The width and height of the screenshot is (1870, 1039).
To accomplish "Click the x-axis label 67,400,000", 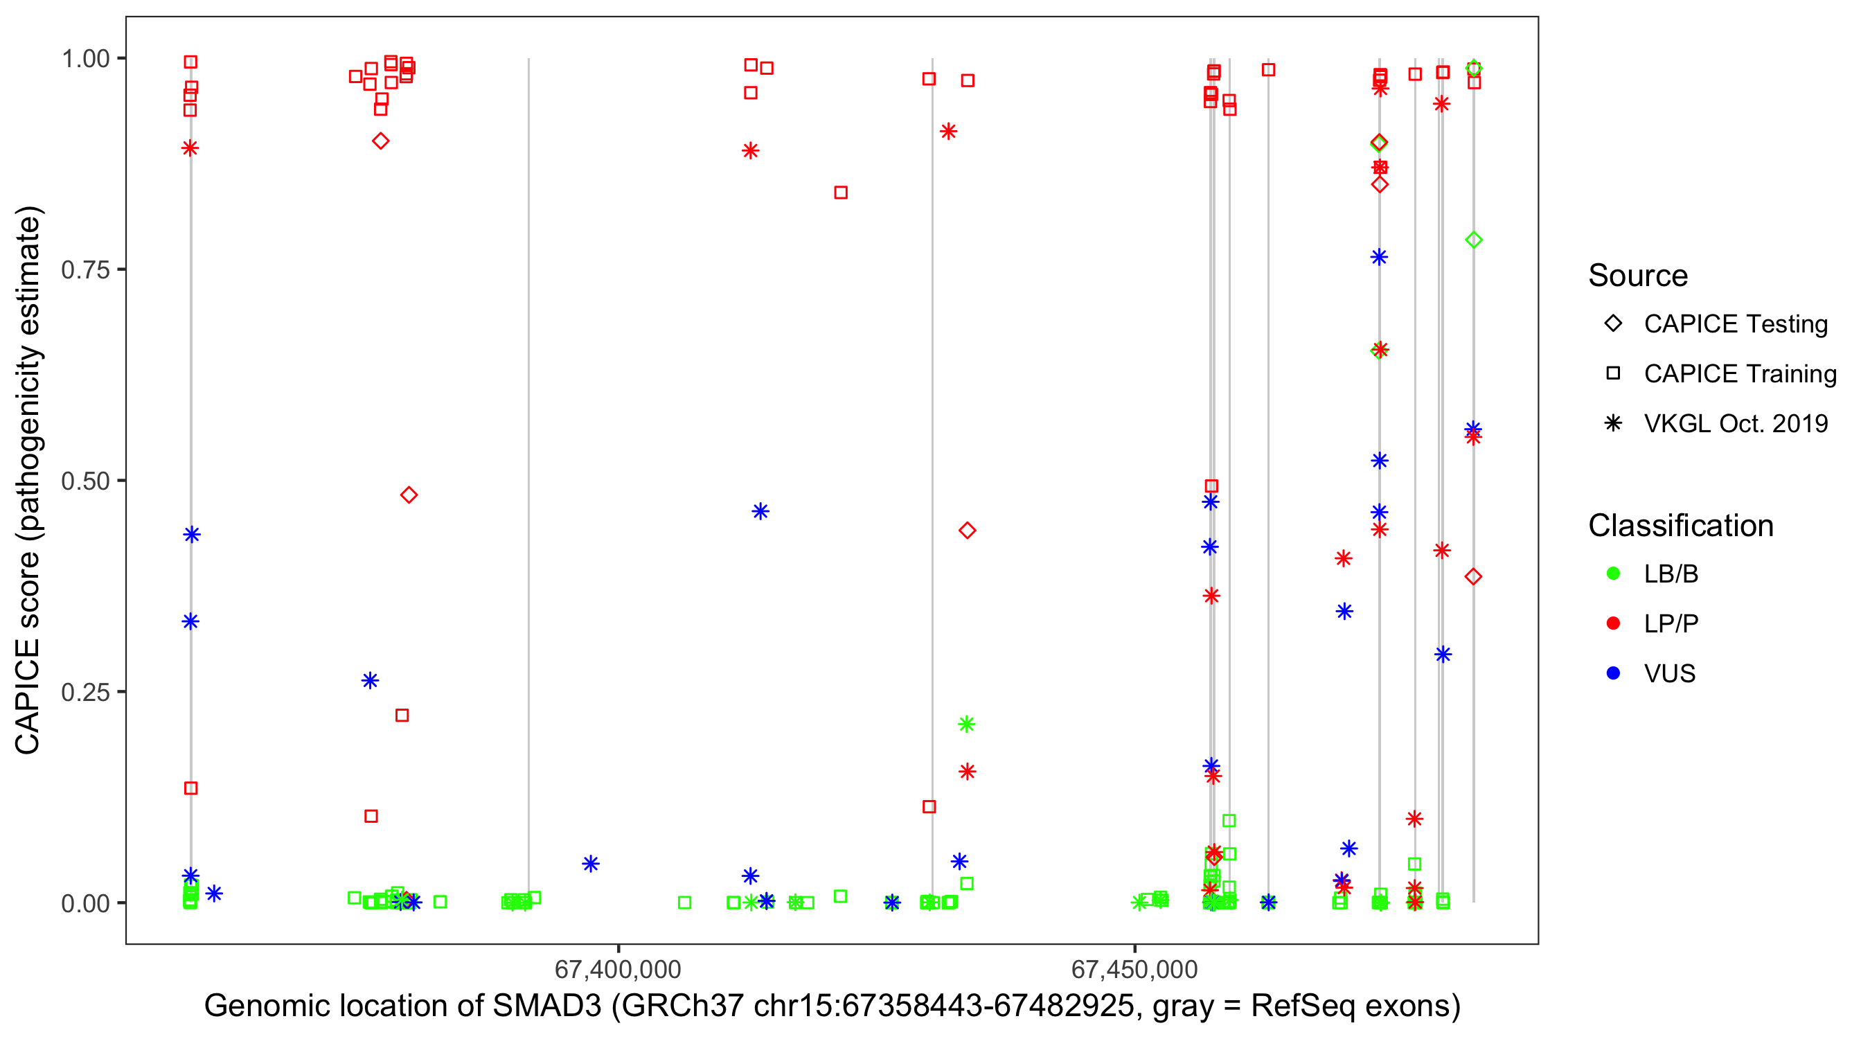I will pos(618,969).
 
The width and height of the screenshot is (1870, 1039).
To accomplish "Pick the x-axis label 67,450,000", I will pos(1134,969).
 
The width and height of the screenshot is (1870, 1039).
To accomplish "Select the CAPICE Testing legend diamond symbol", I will pos(1613,324).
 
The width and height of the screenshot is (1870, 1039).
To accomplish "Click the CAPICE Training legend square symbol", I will pos(1613,374).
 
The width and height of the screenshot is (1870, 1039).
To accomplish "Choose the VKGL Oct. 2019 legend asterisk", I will pos(1613,423).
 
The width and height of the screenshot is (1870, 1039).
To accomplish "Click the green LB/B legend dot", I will pos(1613,574).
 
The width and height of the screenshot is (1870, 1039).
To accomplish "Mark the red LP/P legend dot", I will pos(1613,623).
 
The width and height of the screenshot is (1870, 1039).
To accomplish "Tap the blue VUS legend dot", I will pos(1613,673).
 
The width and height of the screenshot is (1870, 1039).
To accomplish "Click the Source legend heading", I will pos(1638,276).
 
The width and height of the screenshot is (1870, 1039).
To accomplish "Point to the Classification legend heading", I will pos(1680,526).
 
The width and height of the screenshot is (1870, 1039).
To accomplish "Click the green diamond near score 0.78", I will pos(1474,240).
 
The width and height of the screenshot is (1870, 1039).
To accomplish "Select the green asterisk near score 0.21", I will pos(966,724).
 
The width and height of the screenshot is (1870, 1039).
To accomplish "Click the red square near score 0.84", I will pos(841,193).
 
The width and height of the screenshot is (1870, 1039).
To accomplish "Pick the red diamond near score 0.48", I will pos(409,495).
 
